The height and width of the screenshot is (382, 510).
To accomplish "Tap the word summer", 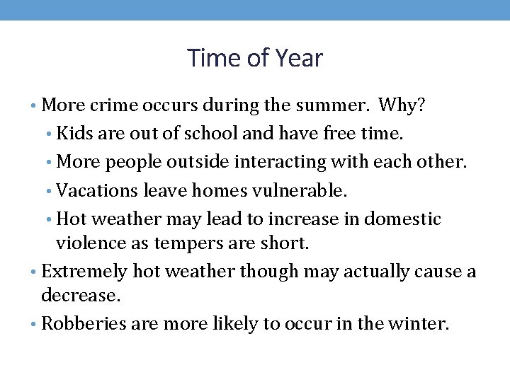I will click(x=337, y=106).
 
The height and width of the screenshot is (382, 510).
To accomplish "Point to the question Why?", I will click(x=402, y=106).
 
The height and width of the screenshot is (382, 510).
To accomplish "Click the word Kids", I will click(x=72, y=133).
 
